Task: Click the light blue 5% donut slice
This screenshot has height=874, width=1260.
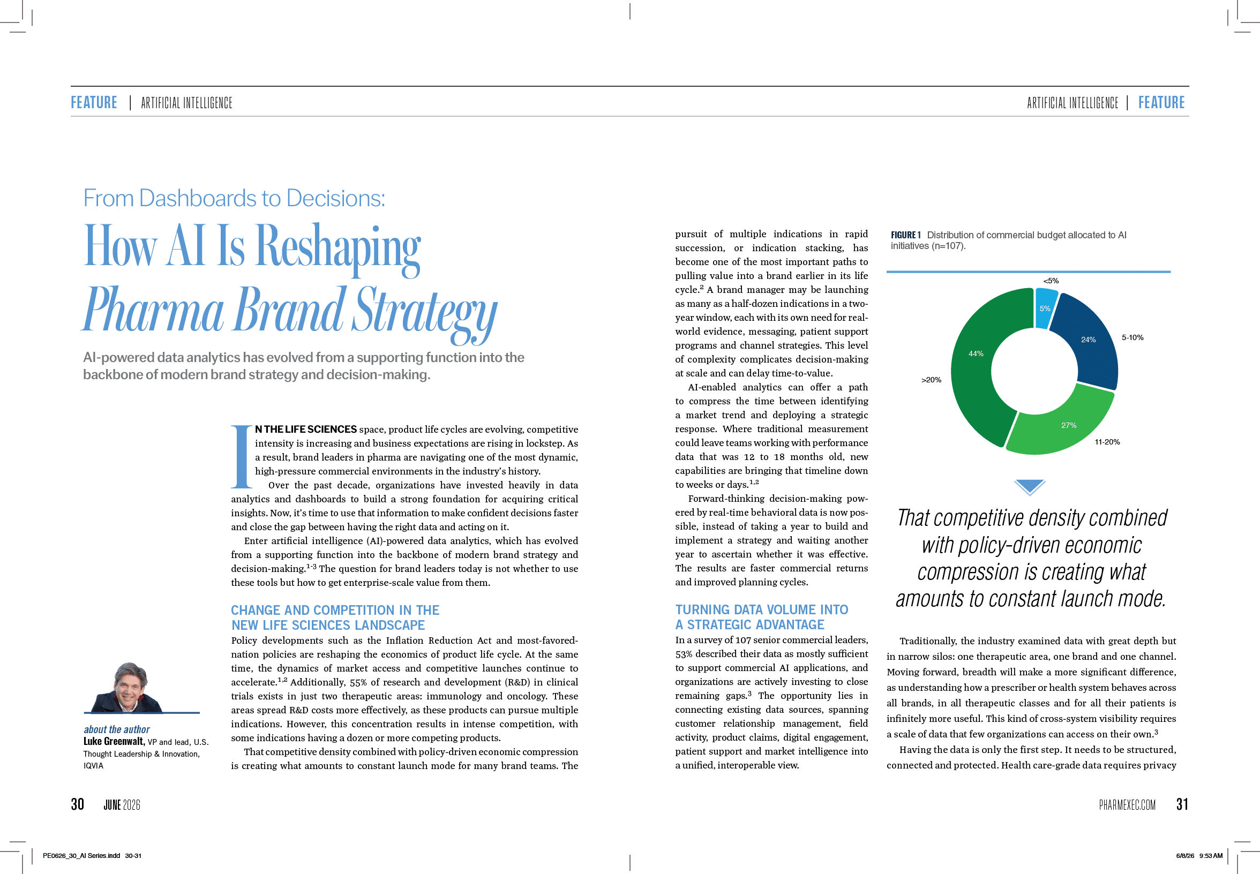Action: coord(1045,308)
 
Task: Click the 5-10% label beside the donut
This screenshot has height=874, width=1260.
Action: coord(1132,337)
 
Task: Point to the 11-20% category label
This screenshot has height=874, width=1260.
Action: coord(1107,442)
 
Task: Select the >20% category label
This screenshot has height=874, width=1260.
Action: coord(931,380)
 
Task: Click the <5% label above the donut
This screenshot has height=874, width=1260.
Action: coord(1051,281)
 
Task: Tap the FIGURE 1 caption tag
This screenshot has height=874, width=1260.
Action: coord(905,235)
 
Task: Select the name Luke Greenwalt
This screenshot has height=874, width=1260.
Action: coord(114,742)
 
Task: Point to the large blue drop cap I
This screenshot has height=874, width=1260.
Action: coord(241,456)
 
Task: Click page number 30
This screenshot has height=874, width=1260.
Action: coord(77,804)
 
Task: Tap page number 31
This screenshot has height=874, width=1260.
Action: coord(1182,804)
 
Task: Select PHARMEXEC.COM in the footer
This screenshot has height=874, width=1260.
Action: coord(1127,804)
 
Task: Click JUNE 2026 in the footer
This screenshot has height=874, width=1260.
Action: coord(122,804)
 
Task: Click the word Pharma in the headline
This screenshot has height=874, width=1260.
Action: coord(153,310)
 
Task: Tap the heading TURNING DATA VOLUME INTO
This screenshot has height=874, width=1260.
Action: coord(761,609)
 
